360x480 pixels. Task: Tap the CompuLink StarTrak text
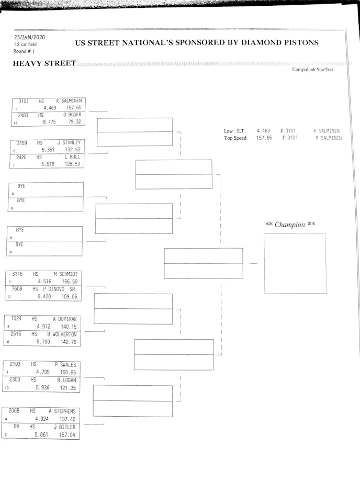(x=313, y=70)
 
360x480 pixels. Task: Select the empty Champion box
(x=294, y=263)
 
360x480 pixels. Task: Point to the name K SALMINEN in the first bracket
(x=69, y=101)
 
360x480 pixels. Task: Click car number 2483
(x=23, y=115)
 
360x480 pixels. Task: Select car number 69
(x=16, y=427)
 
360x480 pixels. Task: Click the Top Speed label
(x=235, y=138)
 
